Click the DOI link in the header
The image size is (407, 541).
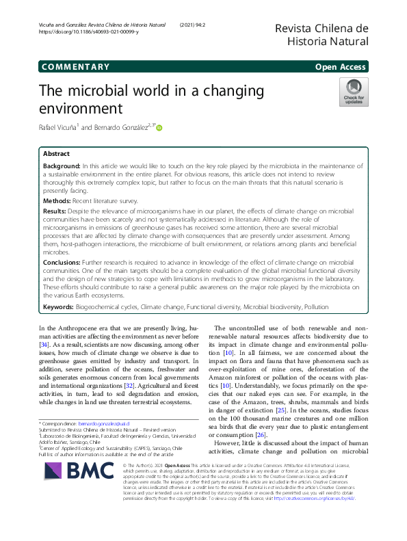pyautogui.click(x=89, y=32)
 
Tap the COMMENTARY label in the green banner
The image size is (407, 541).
pyautogui.click(x=75, y=67)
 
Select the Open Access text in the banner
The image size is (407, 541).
pyautogui.click(x=343, y=67)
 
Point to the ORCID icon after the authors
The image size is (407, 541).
pyautogui.click(x=160, y=127)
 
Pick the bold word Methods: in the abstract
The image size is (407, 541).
pyautogui.click(x=57, y=201)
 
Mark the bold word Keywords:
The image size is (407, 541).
pyautogui.click(x=59, y=308)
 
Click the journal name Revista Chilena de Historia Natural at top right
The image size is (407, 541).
pyautogui.click(x=321, y=34)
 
